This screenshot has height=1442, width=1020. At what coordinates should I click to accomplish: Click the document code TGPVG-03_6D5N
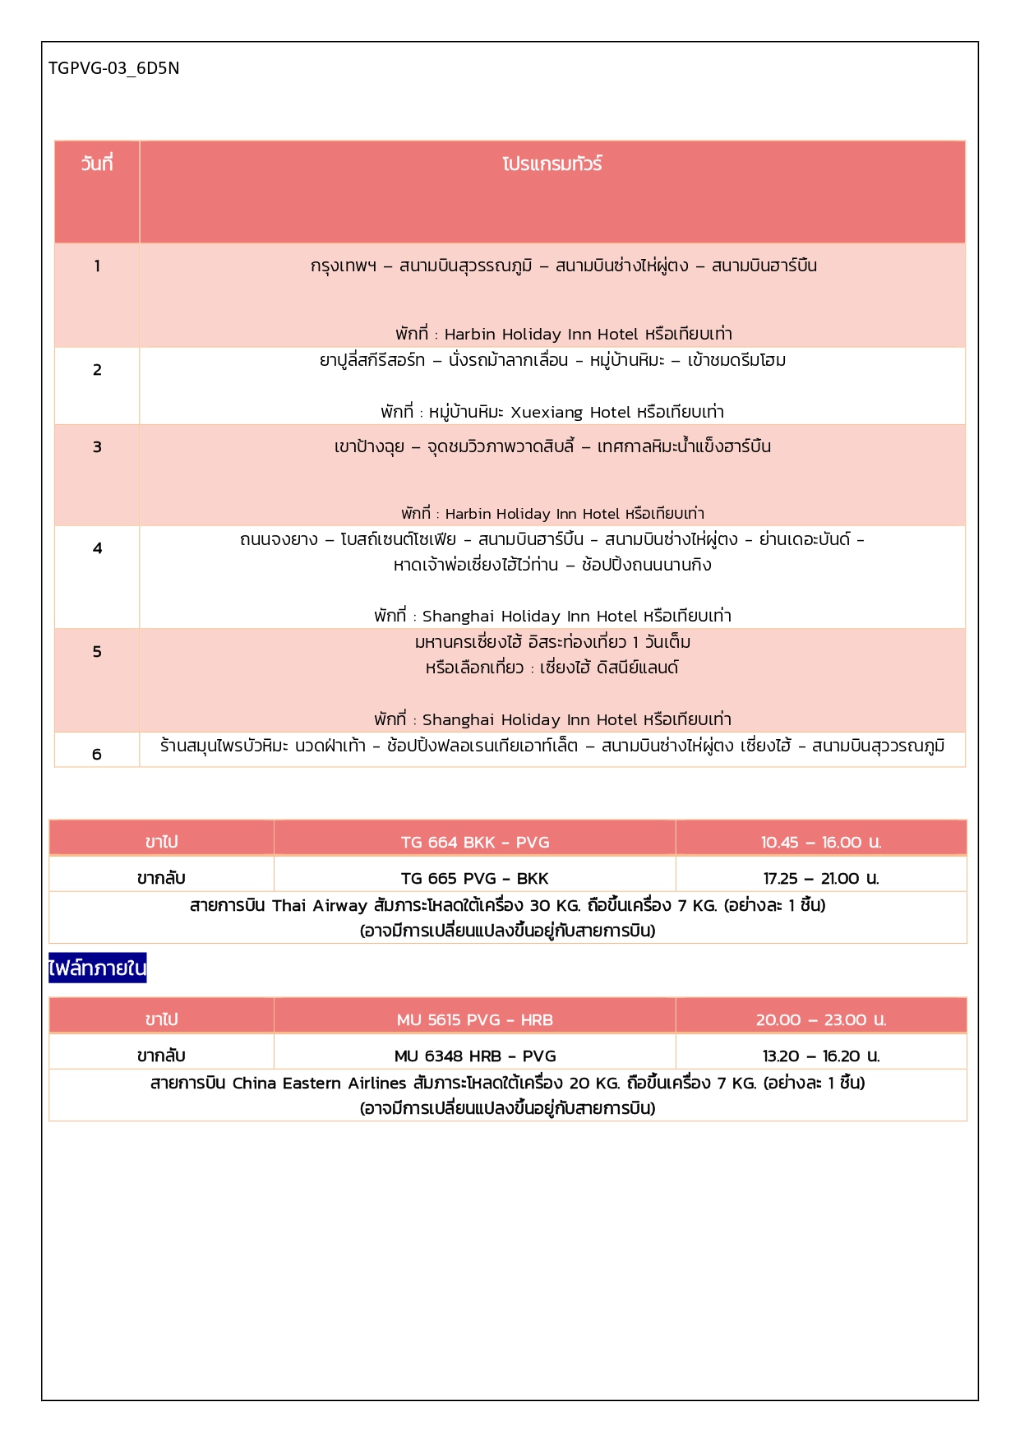click(x=113, y=68)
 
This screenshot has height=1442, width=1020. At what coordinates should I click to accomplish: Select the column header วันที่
click(x=97, y=164)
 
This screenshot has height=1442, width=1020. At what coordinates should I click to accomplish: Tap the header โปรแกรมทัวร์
click(x=552, y=164)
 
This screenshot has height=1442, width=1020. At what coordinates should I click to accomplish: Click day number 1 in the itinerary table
click(x=97, y=266)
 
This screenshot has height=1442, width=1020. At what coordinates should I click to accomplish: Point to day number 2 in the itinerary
click(x=97, y=370)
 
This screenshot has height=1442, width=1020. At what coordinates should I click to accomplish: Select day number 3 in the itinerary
click(x=97, y=447)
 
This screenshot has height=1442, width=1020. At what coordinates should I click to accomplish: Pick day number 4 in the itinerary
click(x=97, y=548)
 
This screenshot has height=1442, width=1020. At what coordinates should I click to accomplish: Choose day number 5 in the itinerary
click(x=97, y=652)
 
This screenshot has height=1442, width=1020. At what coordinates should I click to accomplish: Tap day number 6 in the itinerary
click(x=97, y=754)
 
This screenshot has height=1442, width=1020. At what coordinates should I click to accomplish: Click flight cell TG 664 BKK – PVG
click(x=475, y=842)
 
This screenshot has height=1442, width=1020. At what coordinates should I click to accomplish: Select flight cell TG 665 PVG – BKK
click(x=475, y=878)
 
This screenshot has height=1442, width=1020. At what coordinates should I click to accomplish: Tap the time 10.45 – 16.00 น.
click(x=820, y=842)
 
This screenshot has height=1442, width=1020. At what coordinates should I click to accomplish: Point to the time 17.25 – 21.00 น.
click(x=820, y=878)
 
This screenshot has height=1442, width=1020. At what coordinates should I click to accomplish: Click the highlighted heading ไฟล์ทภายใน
click(x=97, y=968)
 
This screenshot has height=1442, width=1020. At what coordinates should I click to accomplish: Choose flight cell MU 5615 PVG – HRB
click(x=475, y=1019)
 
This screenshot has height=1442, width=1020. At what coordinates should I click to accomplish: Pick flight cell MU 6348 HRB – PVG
click(x=475, y=1056)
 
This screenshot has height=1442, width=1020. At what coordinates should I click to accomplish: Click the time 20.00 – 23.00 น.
click(x=820, y=1019)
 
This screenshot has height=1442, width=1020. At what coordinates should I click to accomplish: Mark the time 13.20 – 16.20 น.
click(x=820, y=1056)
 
